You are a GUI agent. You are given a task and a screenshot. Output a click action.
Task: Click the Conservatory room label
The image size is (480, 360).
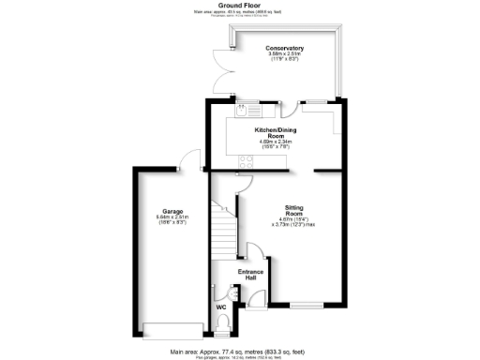tap(284, 48)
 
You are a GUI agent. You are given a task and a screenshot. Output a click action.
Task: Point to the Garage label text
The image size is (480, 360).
tap(171, 211)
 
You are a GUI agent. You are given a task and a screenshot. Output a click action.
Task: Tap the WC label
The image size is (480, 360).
tap(221, 307)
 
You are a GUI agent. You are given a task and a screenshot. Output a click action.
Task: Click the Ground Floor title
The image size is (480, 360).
tap(239, 5)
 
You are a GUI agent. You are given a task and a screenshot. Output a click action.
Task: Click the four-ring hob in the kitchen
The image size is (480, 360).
tap(246, 161)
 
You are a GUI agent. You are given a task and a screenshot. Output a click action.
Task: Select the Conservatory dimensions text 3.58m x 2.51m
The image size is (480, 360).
tap(284, 56)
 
